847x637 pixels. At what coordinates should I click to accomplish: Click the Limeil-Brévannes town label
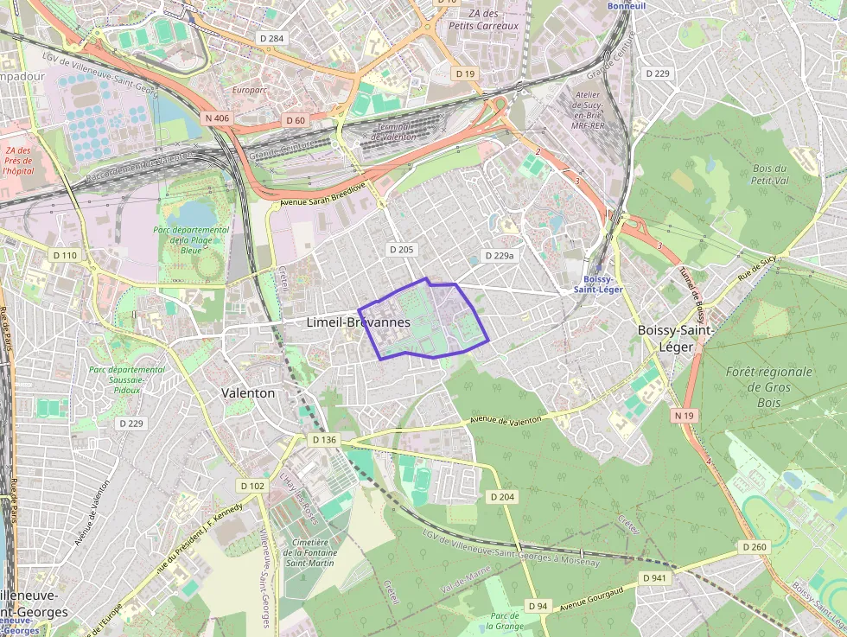click(358, 322)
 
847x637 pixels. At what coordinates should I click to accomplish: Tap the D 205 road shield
click(402, 250)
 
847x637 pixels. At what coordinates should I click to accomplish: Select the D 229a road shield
click(499, 256)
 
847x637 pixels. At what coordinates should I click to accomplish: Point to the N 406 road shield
click(216, 118)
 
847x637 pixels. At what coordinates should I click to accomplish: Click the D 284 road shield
click(272, 39)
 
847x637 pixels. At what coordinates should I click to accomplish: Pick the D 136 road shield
click(324, 440)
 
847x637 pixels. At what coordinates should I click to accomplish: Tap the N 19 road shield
click(684, 416)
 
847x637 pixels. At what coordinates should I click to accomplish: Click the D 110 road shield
click(65, 255)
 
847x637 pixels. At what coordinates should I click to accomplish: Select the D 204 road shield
click(502, 497)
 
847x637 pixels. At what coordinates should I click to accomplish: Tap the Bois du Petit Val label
click(769, 175)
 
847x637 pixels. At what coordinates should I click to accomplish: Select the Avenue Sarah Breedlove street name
click(323, 193)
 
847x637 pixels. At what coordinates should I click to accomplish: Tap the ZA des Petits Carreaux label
click(483, 20)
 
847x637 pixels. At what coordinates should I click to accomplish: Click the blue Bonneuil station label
click(627, 6)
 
